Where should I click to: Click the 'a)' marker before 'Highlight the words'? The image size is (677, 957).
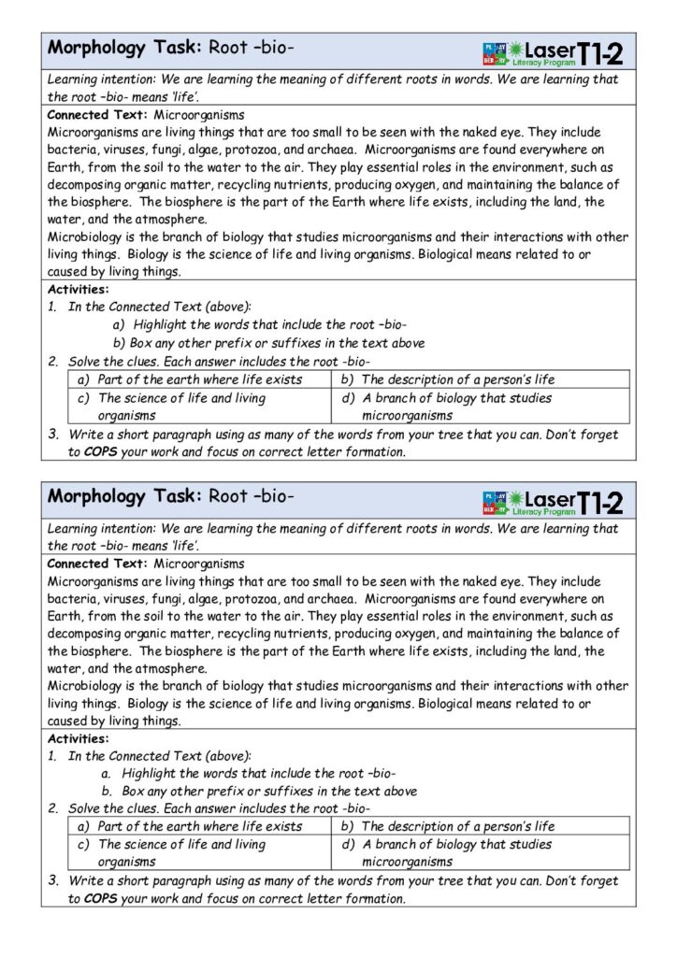(119, 324)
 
